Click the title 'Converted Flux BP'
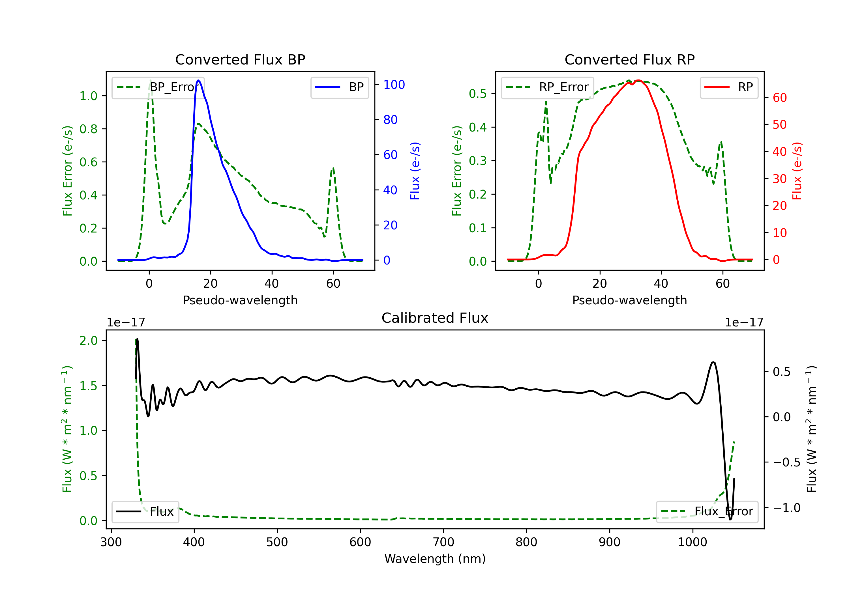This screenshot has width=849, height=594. [x=240, y=59]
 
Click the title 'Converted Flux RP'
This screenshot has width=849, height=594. [x=629, y=59]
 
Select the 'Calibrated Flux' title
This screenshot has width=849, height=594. [x=435, y=318]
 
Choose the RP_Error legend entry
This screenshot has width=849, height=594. [x=547, y=87]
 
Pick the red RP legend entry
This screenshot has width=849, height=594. [x=729, y=87]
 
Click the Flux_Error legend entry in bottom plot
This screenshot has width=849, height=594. [x=707, y=512]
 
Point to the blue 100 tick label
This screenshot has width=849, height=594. [x=394, y=85]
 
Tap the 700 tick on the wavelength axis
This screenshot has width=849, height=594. [x=443, y=542]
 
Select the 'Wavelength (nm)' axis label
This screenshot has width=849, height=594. [x=435, y=559]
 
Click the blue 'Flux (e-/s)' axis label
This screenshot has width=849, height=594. [x=415, y=171]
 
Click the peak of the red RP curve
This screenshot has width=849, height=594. [x=639, y=81]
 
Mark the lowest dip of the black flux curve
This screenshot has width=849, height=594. [x=730, y=519]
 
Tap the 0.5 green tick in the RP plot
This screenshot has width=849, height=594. [x=478, y=94]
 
